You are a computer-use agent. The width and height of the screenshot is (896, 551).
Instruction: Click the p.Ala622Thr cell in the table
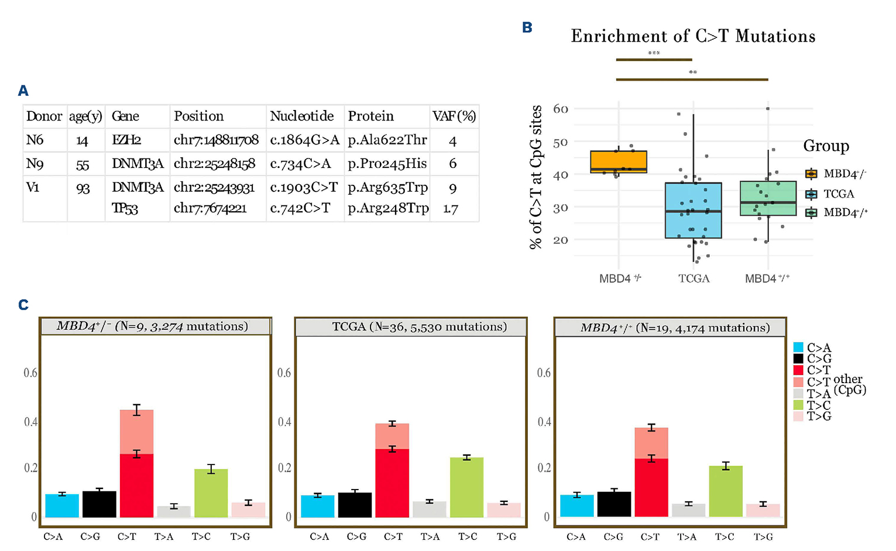coord(387,140)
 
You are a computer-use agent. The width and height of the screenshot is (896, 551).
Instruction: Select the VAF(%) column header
coord(454,116)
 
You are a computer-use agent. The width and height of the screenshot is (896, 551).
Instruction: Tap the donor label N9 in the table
coord(35,164)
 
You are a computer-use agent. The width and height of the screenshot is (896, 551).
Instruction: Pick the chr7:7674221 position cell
coord(210,208)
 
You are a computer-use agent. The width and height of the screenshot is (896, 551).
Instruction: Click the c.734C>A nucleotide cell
coord(301,164)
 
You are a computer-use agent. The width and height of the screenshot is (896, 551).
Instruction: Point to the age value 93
coord(83,188)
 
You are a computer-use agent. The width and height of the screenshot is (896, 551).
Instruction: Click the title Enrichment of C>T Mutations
coord(693,36)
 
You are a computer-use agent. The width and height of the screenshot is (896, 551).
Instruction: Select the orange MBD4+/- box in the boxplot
coord(619,161)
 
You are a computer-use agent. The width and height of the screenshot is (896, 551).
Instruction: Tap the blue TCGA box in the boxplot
coord(693,211)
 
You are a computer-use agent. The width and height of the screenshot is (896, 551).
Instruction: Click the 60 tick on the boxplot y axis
coord(560,109)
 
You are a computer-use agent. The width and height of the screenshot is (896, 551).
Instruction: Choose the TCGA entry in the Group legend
coord(838,194)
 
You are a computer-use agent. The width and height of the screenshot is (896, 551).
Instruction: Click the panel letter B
coord(527,27)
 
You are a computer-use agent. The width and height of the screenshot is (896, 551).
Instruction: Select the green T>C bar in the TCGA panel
coord(466,487)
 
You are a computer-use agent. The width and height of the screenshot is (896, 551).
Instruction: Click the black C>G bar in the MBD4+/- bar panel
coord(99,504)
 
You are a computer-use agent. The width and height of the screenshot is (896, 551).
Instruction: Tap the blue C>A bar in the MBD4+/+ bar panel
coord(576,506)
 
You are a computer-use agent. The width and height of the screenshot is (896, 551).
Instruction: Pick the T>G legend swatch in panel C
coord(798,416)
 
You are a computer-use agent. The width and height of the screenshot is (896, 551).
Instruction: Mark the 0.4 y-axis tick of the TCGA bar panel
coord(284,422)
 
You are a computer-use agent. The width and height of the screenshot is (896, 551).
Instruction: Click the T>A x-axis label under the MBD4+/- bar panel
coord(164,536)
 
